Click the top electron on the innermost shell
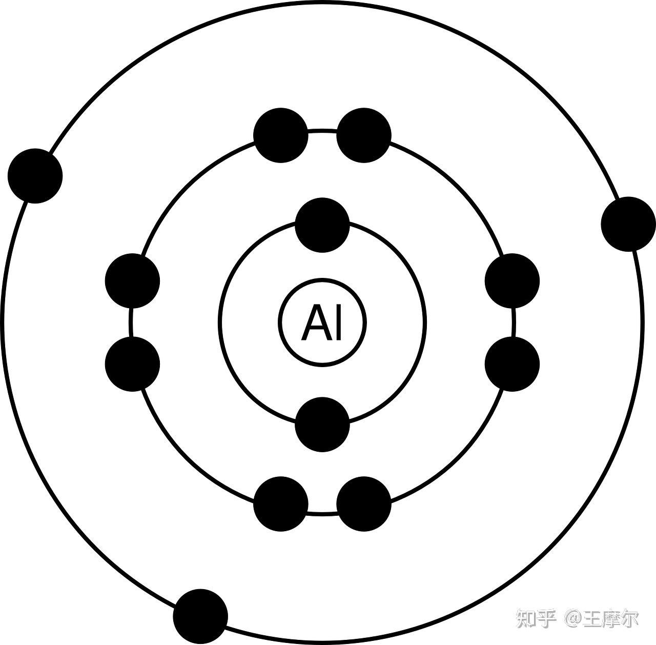click(x=322, y=225)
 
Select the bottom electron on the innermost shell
click(x=322, y=424)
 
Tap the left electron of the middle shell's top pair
click(x=281, y=135)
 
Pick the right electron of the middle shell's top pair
click(x=364, y=135)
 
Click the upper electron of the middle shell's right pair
click(x=512, y=281)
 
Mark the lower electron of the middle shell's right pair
click(x=512, y=364)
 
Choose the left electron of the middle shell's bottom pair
click(x=281, y=503)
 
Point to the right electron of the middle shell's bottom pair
click(x=364, y=503)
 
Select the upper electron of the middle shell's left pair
click(x=132, y=281)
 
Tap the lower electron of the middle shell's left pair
click(x=132, y=364)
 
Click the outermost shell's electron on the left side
click(x=35, y=176)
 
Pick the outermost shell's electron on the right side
click(x=628, y=224)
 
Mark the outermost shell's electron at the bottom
click(x=200, y=616)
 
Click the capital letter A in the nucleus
click(x=314, y=322)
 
